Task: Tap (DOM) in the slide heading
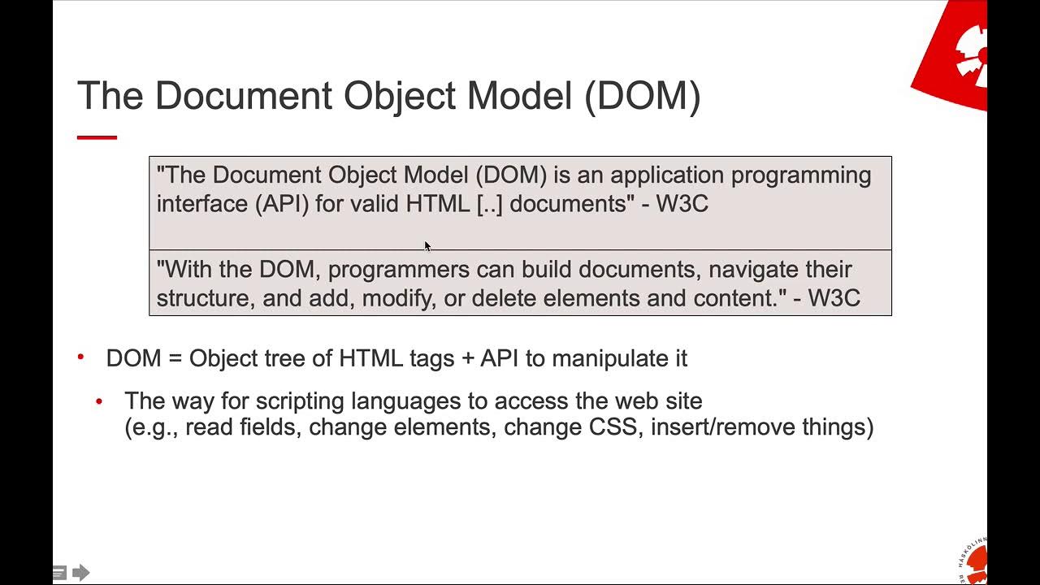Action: (642, 96)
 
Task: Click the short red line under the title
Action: (97, 137)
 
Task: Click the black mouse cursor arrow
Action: (427, 246)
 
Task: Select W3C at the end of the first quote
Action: (682, 203)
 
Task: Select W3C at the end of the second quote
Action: (834, 297)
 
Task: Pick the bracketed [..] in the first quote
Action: (490, 203)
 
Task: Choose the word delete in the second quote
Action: (504, 297)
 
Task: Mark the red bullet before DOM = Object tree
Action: (81, 357)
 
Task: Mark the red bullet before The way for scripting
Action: (99, 401)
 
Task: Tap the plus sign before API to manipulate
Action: (467, 358)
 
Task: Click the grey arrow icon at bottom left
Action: (80, 573)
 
